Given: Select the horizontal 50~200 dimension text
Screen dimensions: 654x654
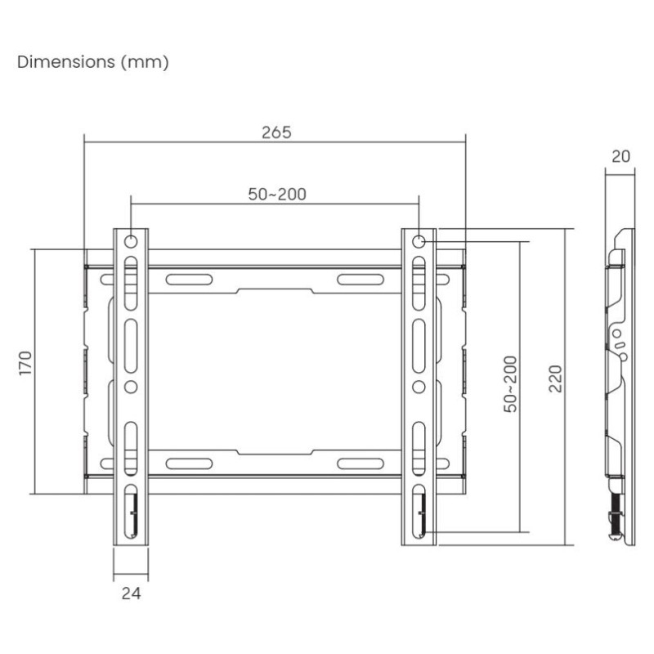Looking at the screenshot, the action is point(276,194).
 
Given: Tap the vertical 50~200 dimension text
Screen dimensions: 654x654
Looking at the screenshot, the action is point(510,383).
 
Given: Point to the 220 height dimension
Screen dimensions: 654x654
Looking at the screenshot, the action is point(555,378).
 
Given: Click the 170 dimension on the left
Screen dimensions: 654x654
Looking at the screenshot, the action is point(25,363).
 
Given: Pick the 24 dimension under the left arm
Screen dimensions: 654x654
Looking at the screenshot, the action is point(131,594).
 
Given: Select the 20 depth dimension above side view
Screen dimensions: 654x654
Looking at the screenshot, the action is point(620,156).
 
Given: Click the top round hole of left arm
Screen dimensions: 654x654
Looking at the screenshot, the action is point(131,241).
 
